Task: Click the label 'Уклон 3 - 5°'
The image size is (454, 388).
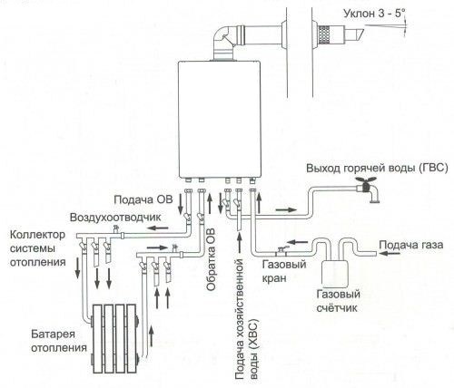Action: click(374, 14)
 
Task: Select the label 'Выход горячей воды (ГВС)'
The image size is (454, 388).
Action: click(377, 168)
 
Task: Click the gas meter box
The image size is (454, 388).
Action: click(334, 274)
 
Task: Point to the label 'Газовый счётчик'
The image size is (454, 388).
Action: click(338, 301)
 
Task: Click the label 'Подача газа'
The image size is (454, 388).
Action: click(411, 245)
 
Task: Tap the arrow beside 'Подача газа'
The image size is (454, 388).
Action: click(390, 253)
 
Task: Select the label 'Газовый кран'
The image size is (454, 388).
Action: click(284, 271)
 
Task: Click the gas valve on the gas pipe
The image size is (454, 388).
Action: click(281, 249)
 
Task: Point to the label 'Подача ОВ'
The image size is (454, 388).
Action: click(143, 199)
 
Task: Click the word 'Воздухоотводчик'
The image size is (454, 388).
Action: click(115, 218)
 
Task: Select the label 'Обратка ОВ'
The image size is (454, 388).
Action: click(212, 259)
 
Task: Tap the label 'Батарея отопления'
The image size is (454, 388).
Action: click(59, 341)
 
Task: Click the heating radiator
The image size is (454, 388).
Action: click(114, 338)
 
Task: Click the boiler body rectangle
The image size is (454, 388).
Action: click(220, 120)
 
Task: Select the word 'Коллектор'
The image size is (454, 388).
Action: click(37, 235)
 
